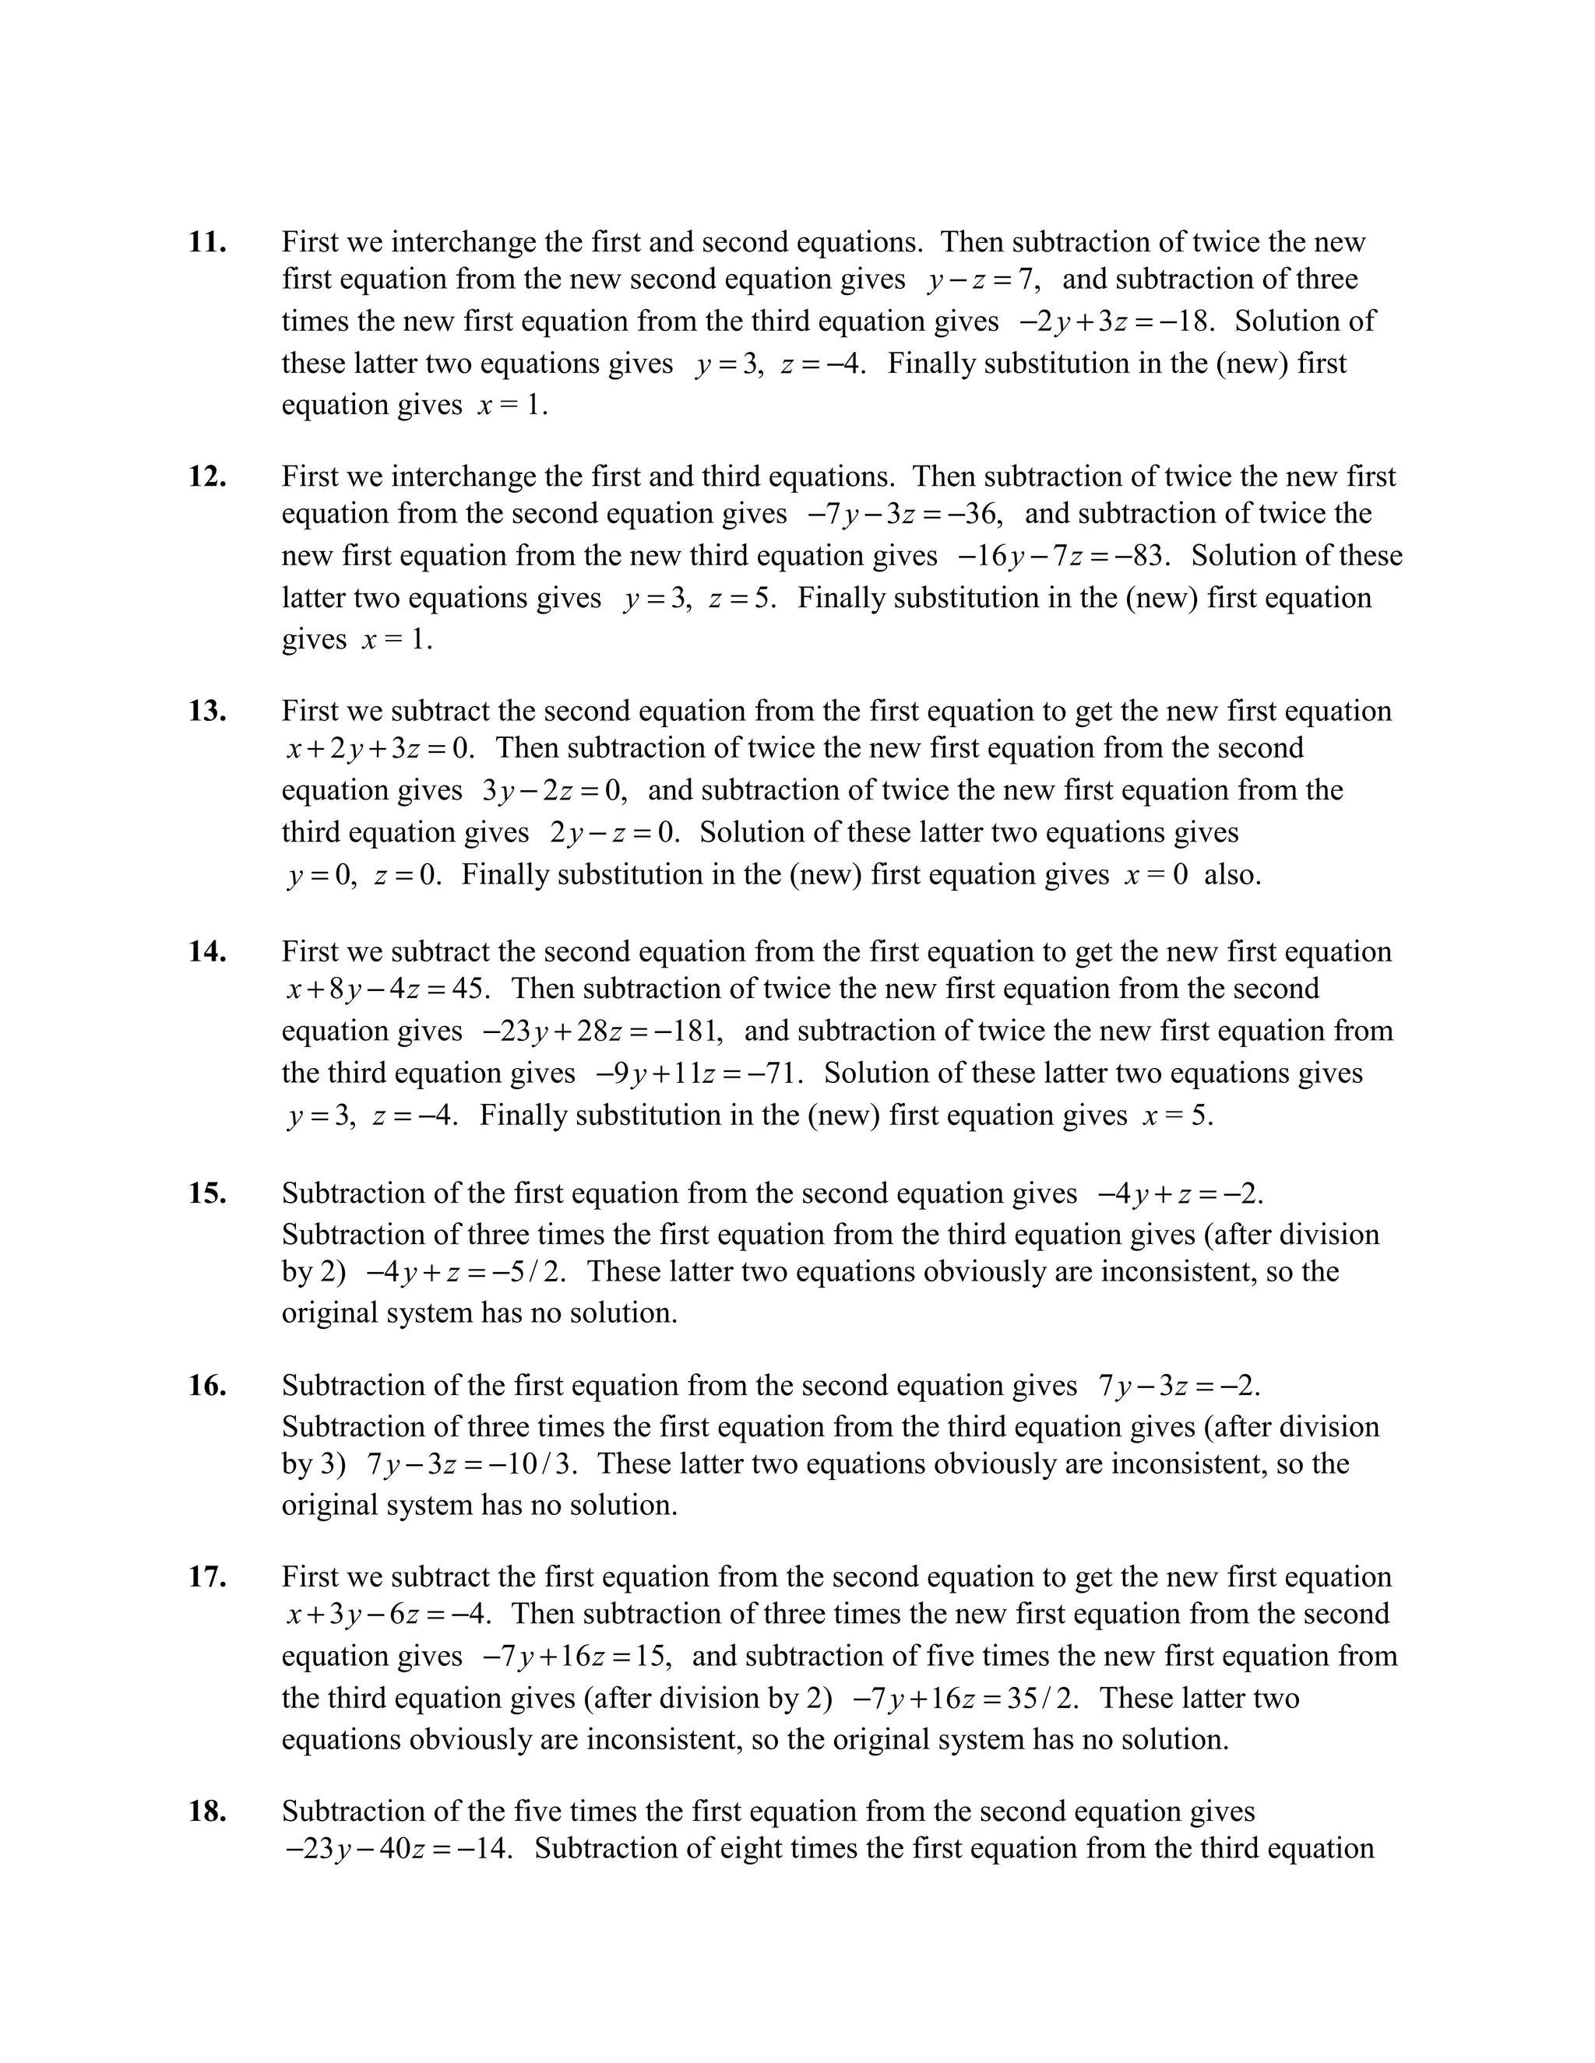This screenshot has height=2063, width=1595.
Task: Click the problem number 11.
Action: click(x=207, y=243)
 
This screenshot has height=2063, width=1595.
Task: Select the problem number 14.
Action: click(x=207, y=952)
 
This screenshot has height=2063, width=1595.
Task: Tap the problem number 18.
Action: click(x=207, y=1812)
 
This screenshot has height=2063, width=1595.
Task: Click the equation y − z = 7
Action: click(x=983, y=280)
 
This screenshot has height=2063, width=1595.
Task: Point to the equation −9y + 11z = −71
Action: click(x=699, y=1074)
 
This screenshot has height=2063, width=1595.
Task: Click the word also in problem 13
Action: click(x=1232, y=875)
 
